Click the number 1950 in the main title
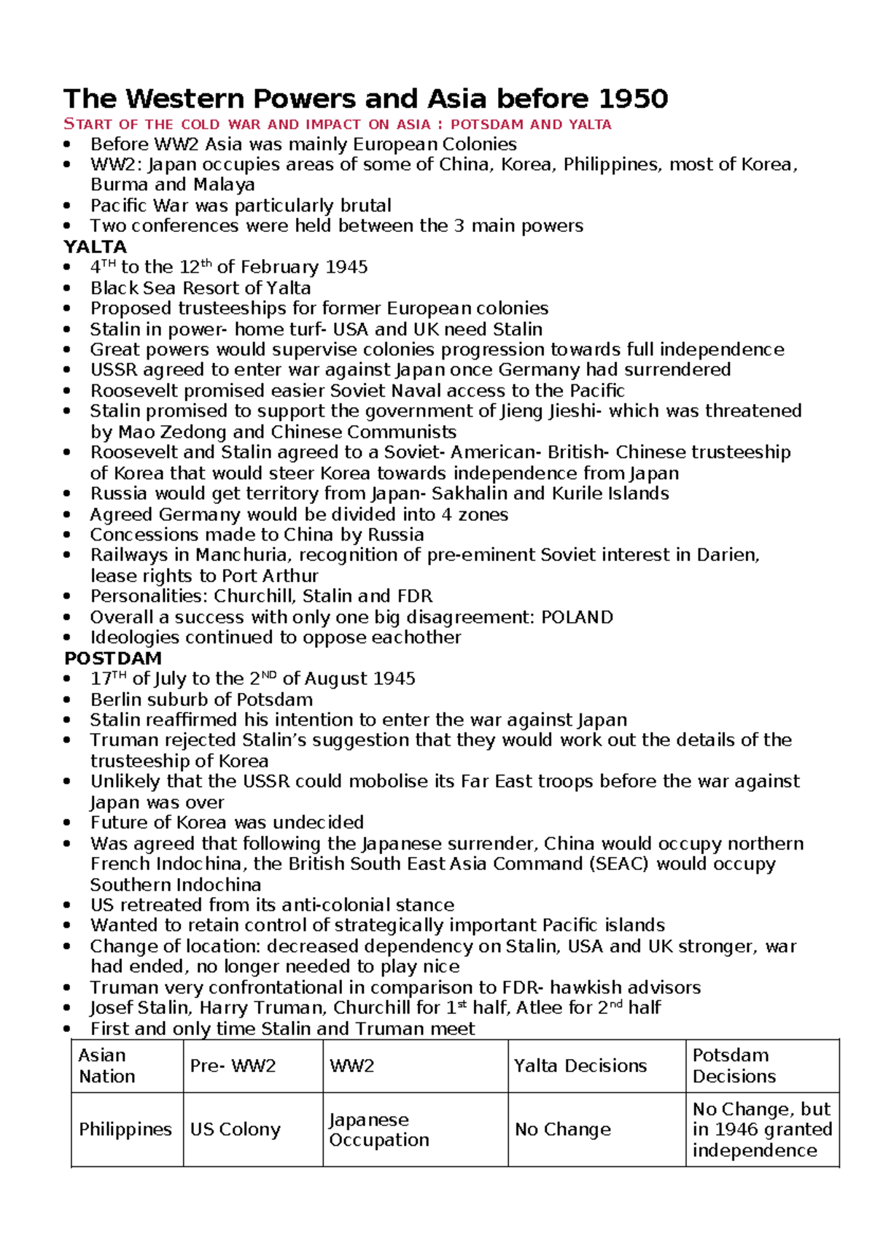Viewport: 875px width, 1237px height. coord(632,98)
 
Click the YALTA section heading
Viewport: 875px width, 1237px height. coord(96,247)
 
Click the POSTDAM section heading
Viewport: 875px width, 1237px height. coord(113,658)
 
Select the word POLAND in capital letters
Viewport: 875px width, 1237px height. coord(577,617)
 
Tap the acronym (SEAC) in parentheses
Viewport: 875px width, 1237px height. coord(618,864)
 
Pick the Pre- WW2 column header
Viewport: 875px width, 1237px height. coord(233,1066)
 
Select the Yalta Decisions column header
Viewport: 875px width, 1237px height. coord(580,1066)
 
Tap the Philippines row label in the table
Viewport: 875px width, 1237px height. coord(125,1129)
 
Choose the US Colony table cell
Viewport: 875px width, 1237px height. coord(235,1129)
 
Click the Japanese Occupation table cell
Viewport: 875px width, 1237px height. coord(378,1129)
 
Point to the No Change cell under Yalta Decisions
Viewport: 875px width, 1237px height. coord(562,1129)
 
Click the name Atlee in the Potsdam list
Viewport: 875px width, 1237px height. coord(544,1008)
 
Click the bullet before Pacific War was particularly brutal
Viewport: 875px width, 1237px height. coord(68,206)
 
